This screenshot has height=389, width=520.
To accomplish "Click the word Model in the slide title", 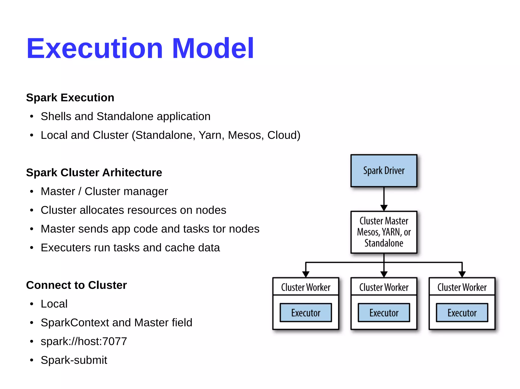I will [213, 48].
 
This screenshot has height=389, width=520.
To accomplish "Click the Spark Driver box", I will [384, 171].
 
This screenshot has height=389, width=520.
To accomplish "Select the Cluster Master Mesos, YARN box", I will [384, 232].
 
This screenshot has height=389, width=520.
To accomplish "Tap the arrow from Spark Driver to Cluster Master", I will [384, 199].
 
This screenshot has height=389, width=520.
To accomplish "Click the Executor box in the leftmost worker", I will [306, 313].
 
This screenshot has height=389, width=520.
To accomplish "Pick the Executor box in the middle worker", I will [384, 313].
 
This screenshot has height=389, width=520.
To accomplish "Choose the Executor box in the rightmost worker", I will [462, 313].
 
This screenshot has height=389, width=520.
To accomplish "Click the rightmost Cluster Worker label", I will [462, 287].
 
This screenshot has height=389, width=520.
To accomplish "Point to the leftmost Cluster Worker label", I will [306, 287].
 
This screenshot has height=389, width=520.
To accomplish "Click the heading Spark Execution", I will [70, 98].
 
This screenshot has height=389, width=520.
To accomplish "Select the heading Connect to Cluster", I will [76, 285].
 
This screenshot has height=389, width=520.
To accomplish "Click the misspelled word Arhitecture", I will [132, 173].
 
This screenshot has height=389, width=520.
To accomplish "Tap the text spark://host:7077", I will [84, 341].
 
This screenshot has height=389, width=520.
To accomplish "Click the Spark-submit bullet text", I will [74, 360].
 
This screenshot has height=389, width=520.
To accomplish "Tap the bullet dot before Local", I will [31, 304].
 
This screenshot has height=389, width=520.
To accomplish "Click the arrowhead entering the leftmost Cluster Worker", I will [306, 274].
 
